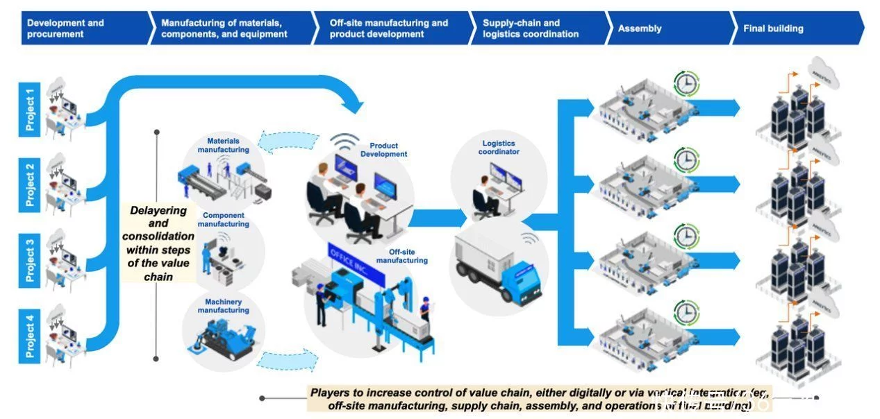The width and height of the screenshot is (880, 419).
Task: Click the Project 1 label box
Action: coord(30,110)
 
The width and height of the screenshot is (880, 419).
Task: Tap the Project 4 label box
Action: coord(30,336)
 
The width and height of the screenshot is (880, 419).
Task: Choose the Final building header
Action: coord(795,28)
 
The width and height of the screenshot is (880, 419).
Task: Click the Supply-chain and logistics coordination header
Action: coord(535,28)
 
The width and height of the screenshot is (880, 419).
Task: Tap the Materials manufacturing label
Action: coord(223,146)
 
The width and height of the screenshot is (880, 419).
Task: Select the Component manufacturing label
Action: coord(223,220)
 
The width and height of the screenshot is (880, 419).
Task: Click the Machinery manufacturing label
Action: coord(223,306)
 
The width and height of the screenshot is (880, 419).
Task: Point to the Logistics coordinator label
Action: coord(499,148)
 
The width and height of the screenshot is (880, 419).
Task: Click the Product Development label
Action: coord(383,150)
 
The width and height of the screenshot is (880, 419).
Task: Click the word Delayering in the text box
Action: coord(158,210)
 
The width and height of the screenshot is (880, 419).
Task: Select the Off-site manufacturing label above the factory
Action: coord(401,257)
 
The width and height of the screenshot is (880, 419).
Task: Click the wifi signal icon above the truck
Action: coord(529,239)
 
